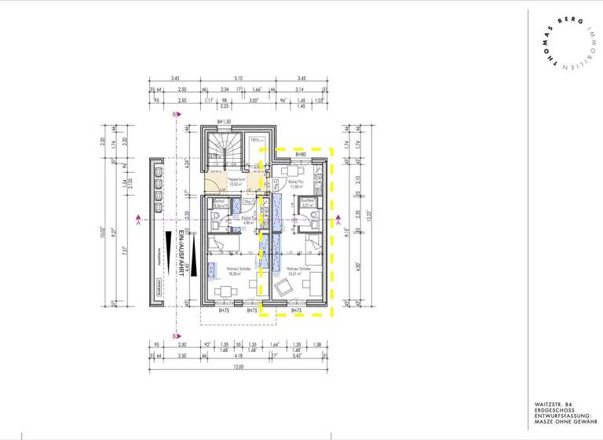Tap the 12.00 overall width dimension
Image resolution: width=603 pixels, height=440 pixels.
pyautogui.click(x=236, y=367)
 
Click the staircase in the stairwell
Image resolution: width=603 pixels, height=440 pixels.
pyautogui.click(x=223, y=149)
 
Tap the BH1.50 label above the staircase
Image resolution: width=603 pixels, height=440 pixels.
pyautogui.click(x=225, y=122)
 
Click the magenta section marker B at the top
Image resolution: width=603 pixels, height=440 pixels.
pyautogui.click(x=174, y=115)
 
